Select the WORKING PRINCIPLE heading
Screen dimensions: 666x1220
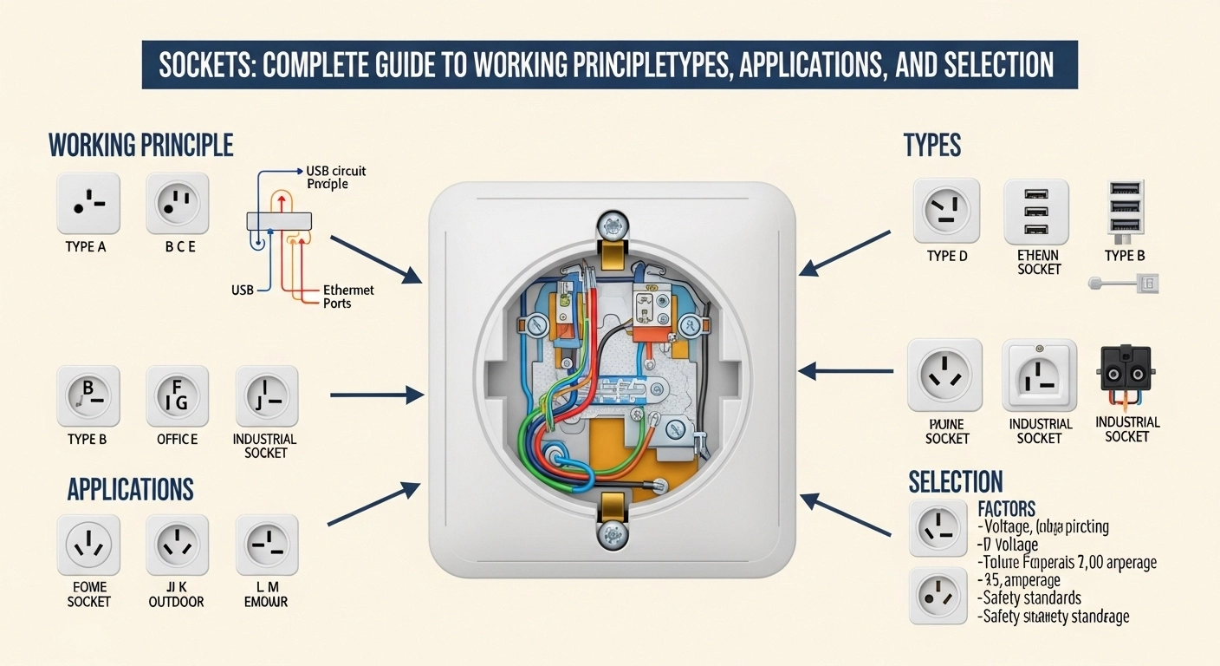point(140,144)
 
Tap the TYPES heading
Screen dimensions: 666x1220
point(931,145)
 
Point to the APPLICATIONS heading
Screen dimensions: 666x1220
point(130,488)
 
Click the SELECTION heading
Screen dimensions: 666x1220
point(956,481)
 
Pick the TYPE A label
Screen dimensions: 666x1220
point(86,247)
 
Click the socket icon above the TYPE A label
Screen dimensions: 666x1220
point(88,204)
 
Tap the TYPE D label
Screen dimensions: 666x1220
point(946,255)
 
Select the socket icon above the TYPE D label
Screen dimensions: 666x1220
point(945,211)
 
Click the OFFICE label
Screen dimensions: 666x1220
point(178,440)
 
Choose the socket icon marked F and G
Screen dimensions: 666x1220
point(178,396)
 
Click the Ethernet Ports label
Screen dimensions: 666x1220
point(348,297)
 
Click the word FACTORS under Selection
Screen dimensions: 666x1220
point(1006,508)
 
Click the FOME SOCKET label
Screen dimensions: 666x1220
point(89,594)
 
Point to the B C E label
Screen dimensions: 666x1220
point(180,247)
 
